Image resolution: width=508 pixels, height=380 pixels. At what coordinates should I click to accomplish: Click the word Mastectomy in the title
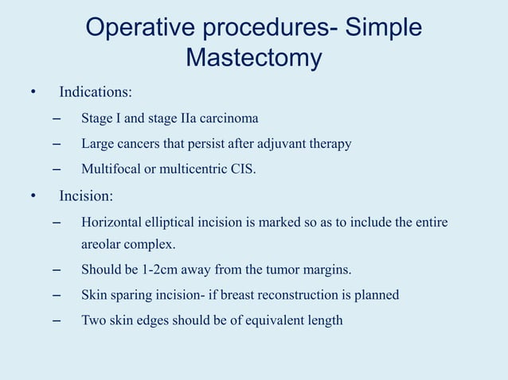(x=253, y=58)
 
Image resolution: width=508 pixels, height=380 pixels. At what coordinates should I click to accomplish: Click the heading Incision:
(x=87, y=196)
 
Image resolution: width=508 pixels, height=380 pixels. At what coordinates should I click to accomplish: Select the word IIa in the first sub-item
(x=188, y=119)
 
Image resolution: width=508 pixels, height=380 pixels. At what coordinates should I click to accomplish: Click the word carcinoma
(x=230, y=119)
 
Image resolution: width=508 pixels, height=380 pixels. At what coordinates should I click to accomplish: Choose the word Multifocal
(x=110, y=169)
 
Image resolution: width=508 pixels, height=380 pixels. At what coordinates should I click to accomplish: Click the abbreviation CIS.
(x=244, y=169)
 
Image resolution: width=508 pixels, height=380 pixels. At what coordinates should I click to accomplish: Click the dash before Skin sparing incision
(x=56, y=295)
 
